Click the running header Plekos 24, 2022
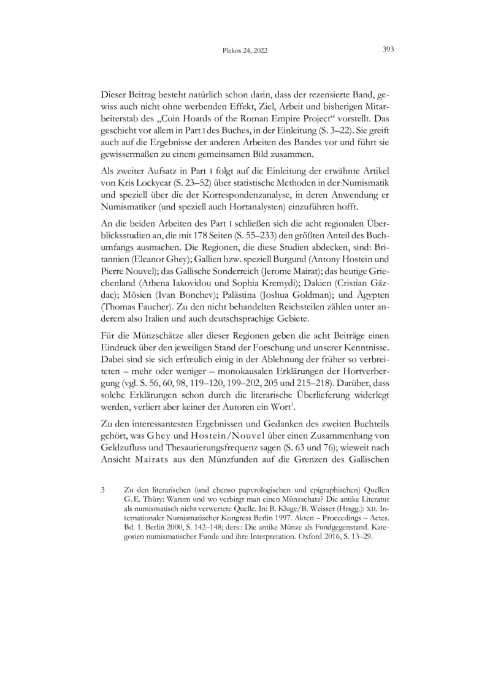tap(244, 52)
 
